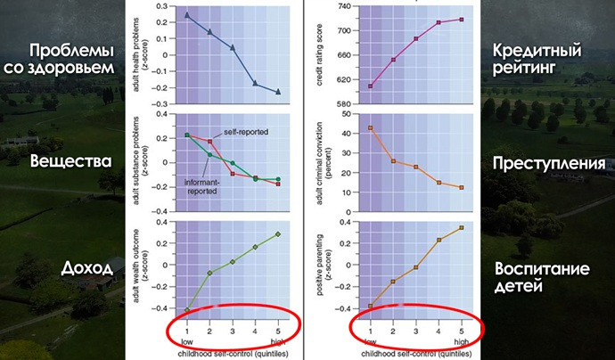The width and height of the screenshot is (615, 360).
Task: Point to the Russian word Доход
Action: pos(89,268)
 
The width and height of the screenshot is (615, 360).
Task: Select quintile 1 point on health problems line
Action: pos(187,15)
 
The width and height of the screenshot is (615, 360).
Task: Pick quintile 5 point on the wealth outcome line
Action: pos(277,234)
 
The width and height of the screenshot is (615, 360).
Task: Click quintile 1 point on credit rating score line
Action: pos(371,86)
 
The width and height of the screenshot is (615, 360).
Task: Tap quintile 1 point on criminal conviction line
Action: pos(371,128)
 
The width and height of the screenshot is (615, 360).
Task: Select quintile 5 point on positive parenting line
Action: pos(461,227)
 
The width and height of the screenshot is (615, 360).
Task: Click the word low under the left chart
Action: pos(187,341)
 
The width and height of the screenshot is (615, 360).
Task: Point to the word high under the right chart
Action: pos(461,341)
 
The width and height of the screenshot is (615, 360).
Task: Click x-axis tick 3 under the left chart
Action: pos(232,331)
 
